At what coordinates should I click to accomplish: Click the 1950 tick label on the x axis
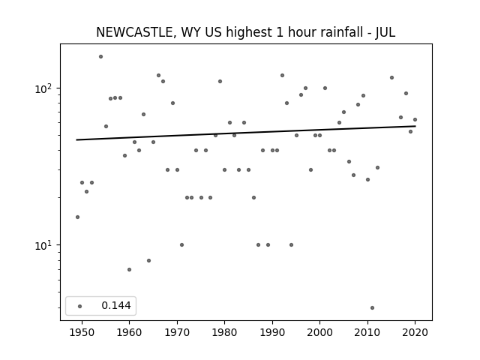click(x=82, y=332)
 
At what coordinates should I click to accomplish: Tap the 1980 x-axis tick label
click(x=224, y=332)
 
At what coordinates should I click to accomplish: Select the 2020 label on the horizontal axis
click(x=415, y=332)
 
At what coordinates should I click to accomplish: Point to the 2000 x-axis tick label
click(x=319, y=332)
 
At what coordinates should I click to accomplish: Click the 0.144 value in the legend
click(x=116, y=305)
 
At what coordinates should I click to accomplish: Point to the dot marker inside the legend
click(x=80, y=306)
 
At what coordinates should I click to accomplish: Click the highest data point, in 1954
click(x=100, y=57)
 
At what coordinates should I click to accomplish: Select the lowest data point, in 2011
click(x=372, y=308)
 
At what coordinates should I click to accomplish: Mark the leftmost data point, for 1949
click(x=77, y=217)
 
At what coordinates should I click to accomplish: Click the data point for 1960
click(x=130, y=270)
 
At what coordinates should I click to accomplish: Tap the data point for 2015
click(x=391, y=78)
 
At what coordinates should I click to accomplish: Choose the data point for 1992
click(x=282, y=75)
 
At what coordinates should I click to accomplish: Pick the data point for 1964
click(x=148, y=260)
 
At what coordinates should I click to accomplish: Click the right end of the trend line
click(x=415, y=126)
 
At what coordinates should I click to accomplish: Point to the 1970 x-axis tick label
click(x=177, y=332)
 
